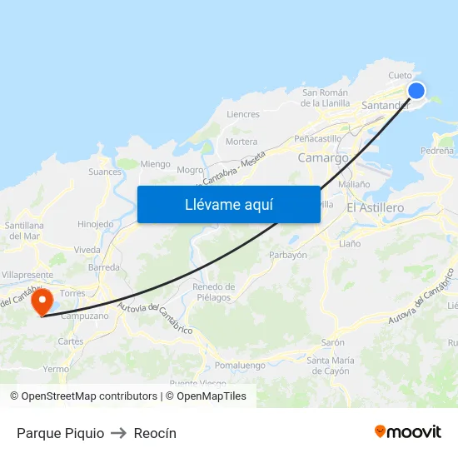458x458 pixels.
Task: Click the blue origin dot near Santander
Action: click(416, 92)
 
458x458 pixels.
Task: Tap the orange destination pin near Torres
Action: click(42, 301)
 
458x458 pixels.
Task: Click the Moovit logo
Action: click(407, 431)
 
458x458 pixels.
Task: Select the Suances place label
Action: click(105, 172)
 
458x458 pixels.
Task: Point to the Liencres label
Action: click(243, 114)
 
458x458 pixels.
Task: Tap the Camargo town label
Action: click(323, 157)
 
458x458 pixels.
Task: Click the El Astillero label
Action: click(375, 207)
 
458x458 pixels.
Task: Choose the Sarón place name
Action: click(333, 342)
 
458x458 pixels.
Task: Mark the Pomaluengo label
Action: click(240, 366)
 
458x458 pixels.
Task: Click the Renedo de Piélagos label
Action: click(214, 291)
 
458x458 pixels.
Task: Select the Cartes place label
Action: click(71, 341)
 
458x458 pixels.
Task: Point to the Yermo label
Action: click(56, 369)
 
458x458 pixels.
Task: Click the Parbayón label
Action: click(288, 255)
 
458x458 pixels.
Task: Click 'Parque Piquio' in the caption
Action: click(60, 433)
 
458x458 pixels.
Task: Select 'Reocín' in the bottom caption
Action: click(155, 433)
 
